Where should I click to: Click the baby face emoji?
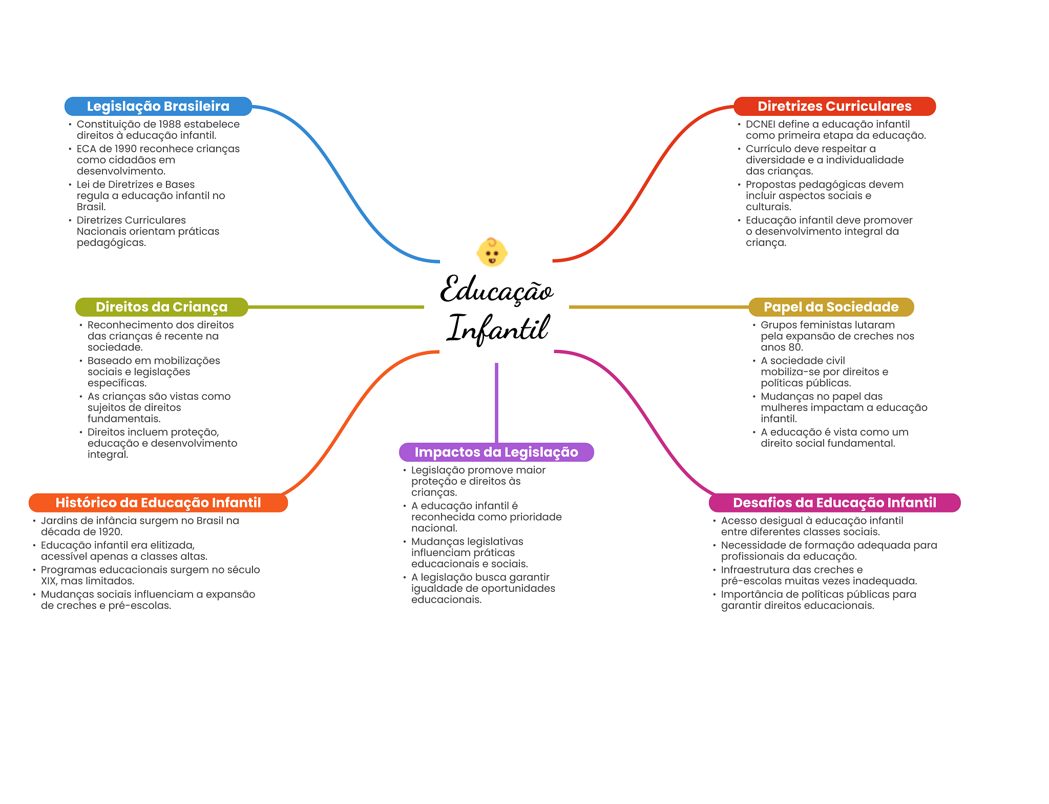[492, 252]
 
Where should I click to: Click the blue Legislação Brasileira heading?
[158, 106]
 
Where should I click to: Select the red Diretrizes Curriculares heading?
[834, 106]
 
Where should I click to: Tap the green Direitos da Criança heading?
[161, 307]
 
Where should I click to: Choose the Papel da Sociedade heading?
[831, 307]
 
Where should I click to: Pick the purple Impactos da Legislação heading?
[496, 452]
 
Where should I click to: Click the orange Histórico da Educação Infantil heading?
[158, 503]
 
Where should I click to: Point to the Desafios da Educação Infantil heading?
[834, 503]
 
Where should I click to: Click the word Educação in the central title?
[496, 290]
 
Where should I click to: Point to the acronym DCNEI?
[760, 124]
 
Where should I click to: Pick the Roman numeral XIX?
[49, 581]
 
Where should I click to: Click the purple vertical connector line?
[496, 402]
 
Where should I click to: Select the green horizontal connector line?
[335, 307]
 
